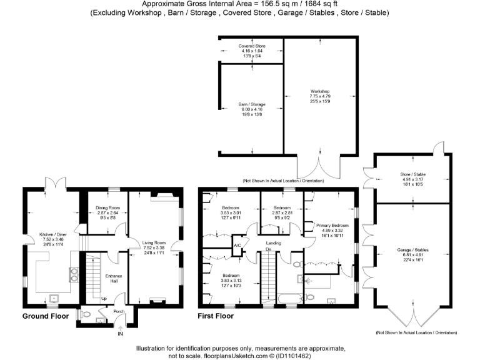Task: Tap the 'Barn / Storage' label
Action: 251,104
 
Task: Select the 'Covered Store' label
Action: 251,46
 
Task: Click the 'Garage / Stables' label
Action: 412,250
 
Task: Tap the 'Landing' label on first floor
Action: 272,242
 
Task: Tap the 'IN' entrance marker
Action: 120,334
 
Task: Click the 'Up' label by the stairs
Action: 94,299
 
